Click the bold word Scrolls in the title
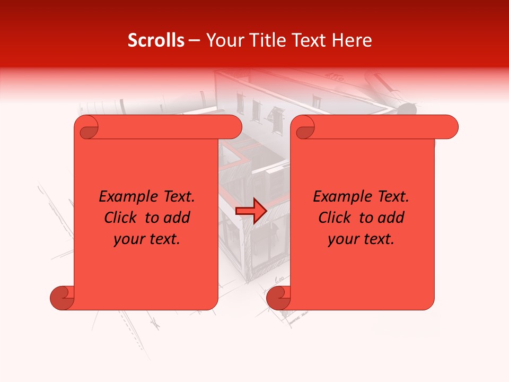pyautogui.click(x=156, y=40)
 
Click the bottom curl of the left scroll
pyautogui.click(x=62, y=298)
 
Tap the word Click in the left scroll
pyautogui.click(x=121, y=218)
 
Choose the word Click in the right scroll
pyautogui.click(x=335, y=218)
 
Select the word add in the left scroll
pyautogui.click(x=178, y=218)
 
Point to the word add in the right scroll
pyautogui.click(x=392, y=218)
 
